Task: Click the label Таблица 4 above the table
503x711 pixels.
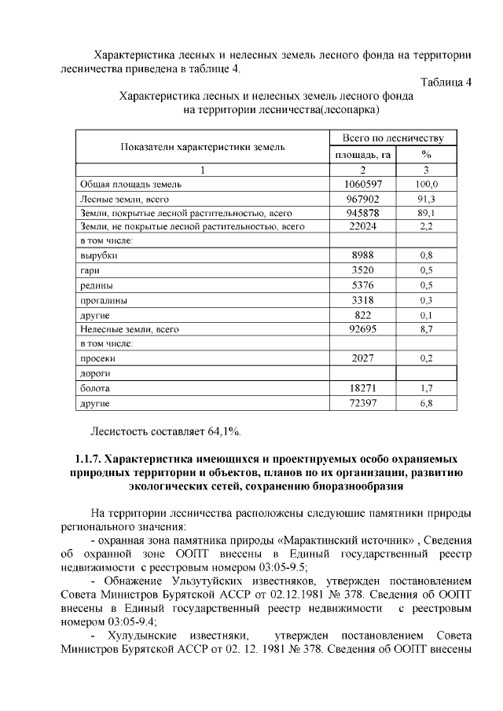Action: point(446,83)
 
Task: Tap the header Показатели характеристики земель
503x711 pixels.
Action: point(202,146)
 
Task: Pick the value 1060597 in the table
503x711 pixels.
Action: point(362,184)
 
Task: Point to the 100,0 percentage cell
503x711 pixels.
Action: point(426,184)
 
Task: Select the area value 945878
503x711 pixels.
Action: point(362,213)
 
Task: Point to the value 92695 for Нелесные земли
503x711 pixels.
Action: point(362,329)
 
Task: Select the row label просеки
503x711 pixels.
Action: point(99,359)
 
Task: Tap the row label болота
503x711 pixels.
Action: point(95,388)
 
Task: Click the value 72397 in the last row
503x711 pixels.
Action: point(362,403)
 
